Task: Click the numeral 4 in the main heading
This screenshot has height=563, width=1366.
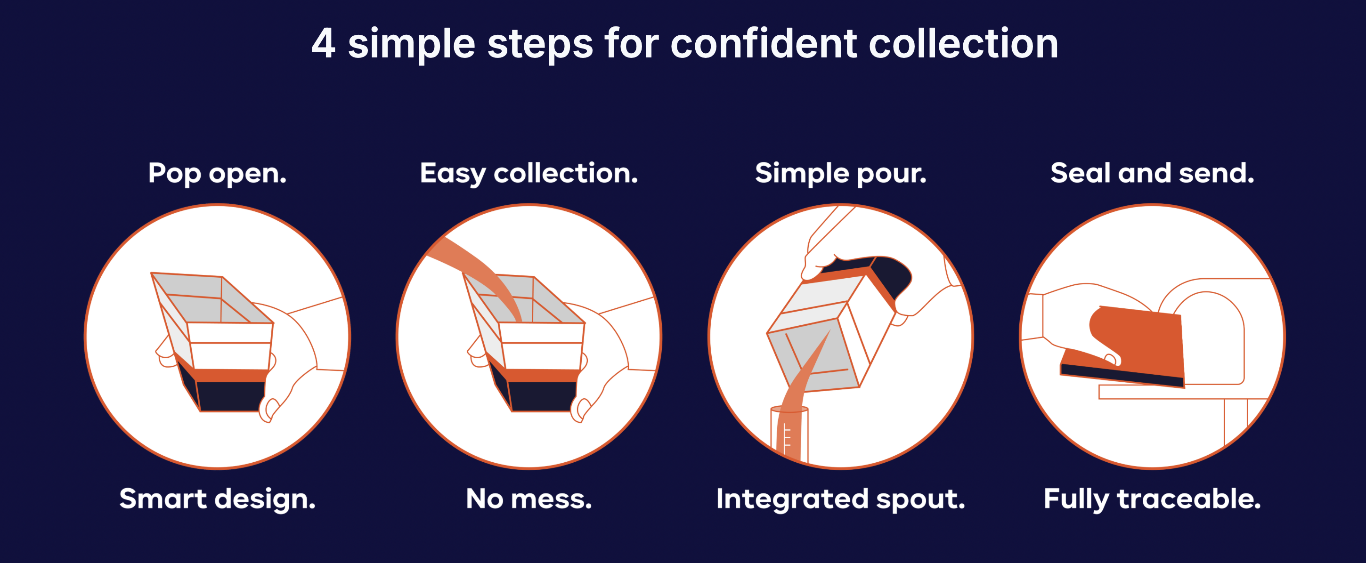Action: [x=323, y=43]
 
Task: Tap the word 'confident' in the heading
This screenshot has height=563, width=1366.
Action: [x=764, y=43]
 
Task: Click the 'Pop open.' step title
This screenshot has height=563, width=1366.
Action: [x=218, y=173]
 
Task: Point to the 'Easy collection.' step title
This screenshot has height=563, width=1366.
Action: [x=529, y=173]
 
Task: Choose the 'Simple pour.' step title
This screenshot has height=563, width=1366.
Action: [x=840, y=173]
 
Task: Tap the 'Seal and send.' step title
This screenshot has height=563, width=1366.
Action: [x=1152, y=173]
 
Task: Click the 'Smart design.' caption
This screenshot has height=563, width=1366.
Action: [x=218, y=499]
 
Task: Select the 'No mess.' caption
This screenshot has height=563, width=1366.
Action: [x=529, y=499]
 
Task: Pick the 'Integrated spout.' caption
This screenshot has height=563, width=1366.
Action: [x=840, y=499]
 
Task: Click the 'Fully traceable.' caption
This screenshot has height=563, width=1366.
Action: [x=1152, y=499]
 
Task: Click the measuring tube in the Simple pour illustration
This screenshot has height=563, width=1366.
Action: [x=789, y=434]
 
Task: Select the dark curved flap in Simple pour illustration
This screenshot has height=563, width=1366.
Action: [x=891, y=276]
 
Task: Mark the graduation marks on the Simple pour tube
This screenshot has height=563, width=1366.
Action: [x=787, y=438]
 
